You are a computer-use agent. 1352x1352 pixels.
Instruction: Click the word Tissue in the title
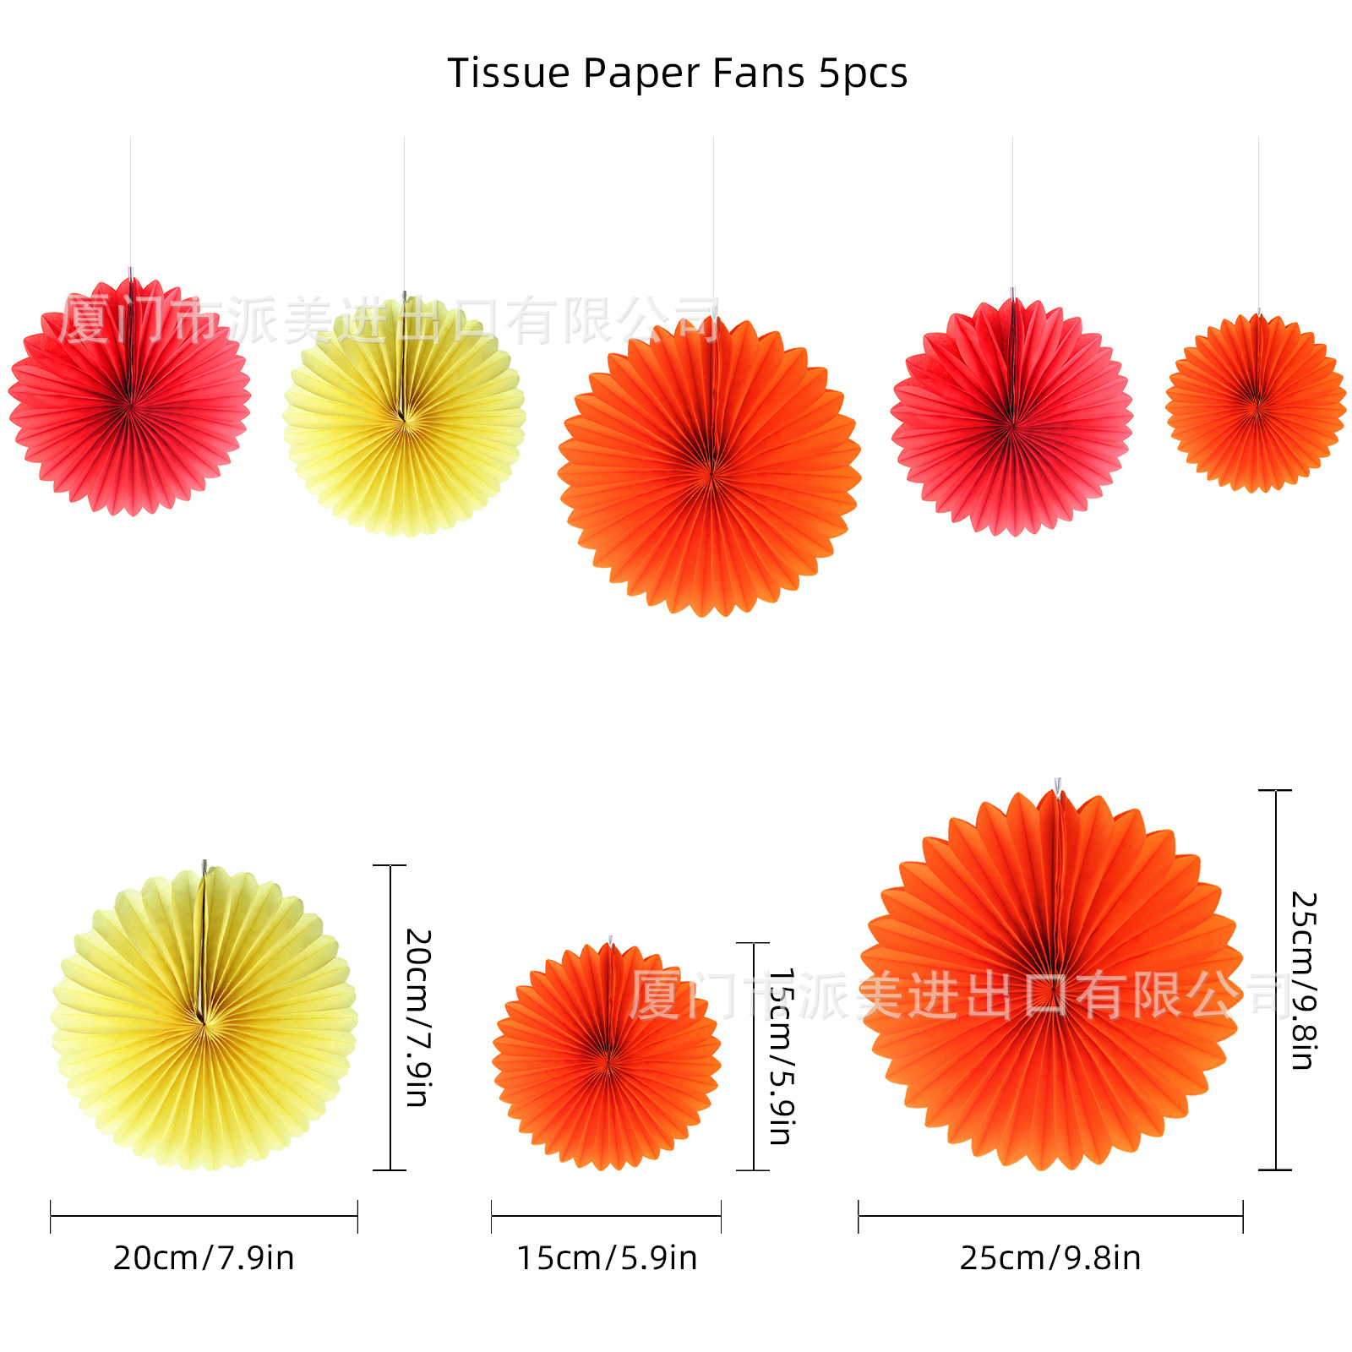point(509,74)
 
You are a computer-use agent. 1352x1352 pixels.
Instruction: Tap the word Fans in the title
point(758,74)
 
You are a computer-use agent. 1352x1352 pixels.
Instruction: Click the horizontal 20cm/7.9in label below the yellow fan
point(204,1258)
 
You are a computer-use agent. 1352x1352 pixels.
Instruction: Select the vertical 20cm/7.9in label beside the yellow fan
point(418,1017)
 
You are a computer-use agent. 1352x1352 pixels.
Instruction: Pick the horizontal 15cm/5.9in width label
point(607,1258)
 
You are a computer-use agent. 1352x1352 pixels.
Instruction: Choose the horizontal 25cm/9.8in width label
point(1050,1258)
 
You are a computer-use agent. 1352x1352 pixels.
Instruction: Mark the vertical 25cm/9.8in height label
point(1304,980)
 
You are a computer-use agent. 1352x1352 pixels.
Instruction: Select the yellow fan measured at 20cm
point(204,1018)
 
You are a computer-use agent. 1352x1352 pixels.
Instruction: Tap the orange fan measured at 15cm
point(607,1056)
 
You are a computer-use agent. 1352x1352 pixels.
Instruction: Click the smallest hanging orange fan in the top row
point(1257,403)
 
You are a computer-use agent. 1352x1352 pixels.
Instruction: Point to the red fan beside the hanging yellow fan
point(129,397)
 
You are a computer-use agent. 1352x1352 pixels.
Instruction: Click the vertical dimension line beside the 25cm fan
point(1275,980)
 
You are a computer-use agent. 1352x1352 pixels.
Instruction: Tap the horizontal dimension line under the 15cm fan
point(607,1216)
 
